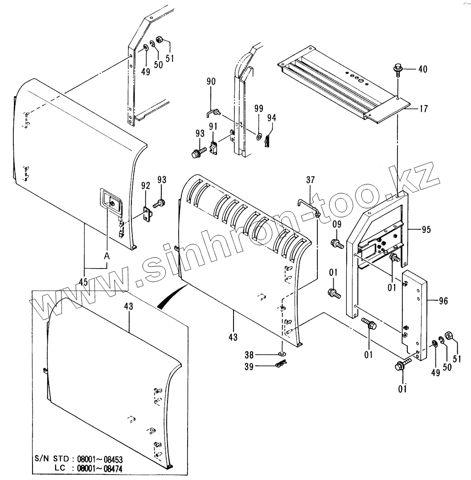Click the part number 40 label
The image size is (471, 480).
click(423, 69)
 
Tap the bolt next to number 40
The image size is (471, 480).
click(397, 69)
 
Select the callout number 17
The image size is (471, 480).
click(424, 108)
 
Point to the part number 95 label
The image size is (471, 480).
click(426, 229)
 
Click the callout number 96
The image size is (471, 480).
click(443, 301)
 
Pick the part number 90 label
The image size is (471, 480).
click(211, 82)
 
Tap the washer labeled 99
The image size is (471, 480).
click(259, 135)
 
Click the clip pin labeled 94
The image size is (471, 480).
click(267, 141)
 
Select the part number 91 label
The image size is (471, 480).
click(213, 126)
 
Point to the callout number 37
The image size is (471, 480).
click(310, 180)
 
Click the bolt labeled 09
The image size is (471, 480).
click(336, 244)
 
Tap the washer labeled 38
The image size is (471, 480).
click(282, 355)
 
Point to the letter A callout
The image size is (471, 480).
click(106, 257)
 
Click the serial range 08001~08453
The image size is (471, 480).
click(100, 459)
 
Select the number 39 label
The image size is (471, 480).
click(249, 366)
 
